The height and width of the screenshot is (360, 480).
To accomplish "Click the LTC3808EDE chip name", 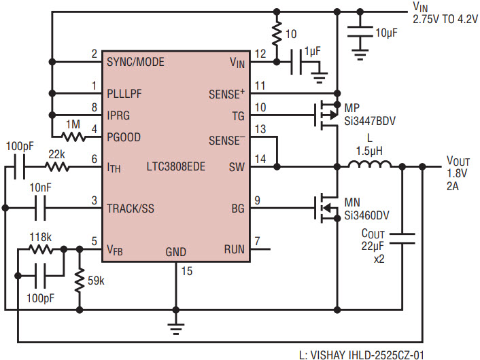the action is coord(175,166).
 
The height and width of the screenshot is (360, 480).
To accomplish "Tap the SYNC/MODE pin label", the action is coord(135,62).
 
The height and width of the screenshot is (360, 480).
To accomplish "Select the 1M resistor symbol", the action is coord(73,137).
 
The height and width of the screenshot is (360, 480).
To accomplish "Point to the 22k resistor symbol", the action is coord(57,167).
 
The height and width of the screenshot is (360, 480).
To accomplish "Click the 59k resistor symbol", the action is coord(80,280).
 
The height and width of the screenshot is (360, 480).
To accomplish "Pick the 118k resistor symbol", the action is coord(41,249).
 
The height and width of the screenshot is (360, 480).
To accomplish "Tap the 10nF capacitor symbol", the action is coord(40,209).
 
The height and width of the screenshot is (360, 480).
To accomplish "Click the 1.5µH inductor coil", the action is coord(369,164).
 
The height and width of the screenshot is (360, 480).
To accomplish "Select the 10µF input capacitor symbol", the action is coord(360,32).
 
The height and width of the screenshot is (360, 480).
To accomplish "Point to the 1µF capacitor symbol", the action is coord(296,62).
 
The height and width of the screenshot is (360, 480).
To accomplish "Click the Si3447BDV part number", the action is coord(370,121).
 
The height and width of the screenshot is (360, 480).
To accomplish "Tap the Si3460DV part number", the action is coord(366,215).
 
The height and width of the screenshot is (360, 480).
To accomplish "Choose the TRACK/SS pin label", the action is coord(131,209).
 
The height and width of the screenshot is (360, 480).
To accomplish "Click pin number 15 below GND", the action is coord(187,271).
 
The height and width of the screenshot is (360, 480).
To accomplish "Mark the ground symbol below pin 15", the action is coord(175,329).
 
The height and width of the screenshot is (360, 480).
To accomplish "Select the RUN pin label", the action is coord(234,249).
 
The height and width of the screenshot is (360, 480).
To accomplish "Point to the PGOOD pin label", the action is coord(124,137).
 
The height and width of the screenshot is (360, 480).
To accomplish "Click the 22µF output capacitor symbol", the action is coord(402,238).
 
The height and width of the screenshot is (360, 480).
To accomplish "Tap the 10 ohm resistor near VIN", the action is coord(277,33).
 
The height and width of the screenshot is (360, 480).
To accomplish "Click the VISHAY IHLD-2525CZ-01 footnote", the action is coord(362,355).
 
